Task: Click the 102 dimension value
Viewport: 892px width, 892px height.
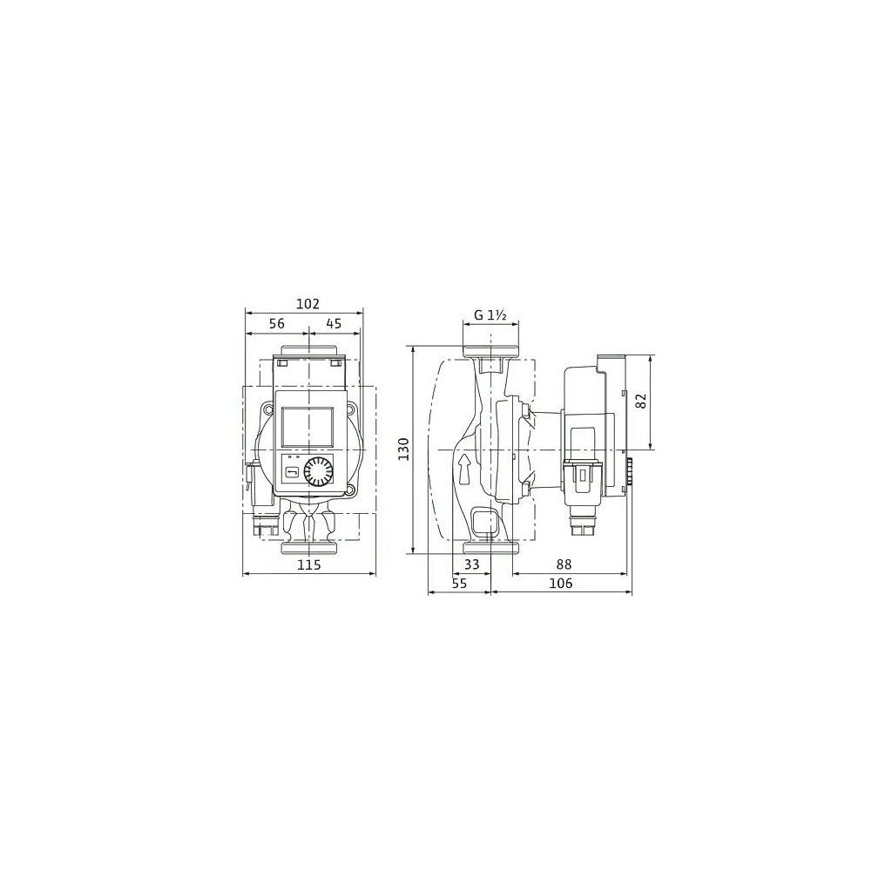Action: pyautogui.click(x=307, y=304)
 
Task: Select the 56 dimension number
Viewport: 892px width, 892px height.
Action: pyautogui.click(x=276, y=324)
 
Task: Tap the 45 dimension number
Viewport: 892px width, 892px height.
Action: pyautogui.click(x=334, y=324)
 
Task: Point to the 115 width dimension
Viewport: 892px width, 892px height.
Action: pyautogui.click(x=309, y=564)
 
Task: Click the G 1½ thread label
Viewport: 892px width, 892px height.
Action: pyautogui.click(x=490, y=315)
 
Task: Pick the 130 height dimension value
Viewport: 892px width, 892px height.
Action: pyautogui.click(x=403, y=449)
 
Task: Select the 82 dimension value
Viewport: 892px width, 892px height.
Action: pyautogui.click(x=643, y=402)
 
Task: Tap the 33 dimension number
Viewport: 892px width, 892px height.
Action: pyautogui.click(x=472, y=564)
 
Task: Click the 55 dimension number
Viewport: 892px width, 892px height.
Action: pyautogui.click(x=459, y=583)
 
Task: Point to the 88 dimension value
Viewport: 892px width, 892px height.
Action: pyautogui.click(x=564, y=564)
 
